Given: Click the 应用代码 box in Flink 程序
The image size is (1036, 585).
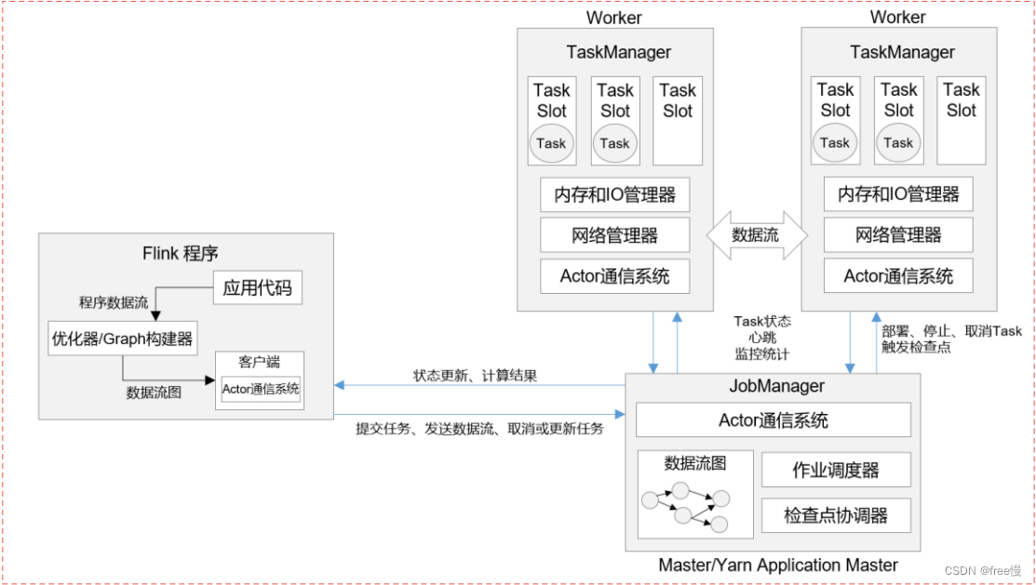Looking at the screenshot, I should click(258, 287).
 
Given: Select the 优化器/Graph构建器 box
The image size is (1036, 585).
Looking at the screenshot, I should click(123, 339).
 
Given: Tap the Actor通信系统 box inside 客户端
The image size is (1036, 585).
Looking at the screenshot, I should click(261, 389).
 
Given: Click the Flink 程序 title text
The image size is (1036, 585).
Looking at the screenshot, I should click(181, 253).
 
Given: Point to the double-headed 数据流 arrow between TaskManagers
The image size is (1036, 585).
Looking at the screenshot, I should click(756, 235).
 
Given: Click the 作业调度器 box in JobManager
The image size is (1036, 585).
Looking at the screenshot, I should click(835, 470).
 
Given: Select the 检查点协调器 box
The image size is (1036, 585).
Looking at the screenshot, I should click(835, 514).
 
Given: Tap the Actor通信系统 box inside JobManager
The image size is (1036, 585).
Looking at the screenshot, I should click(773, 420).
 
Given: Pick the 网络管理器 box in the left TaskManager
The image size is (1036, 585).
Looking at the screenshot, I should click(614, 235).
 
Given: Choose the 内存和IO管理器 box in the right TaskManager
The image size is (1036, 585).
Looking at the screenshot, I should click(898, 194).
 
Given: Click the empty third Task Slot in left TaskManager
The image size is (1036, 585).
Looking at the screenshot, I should click(678, 121).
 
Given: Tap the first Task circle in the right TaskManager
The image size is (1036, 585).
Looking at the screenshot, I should click(835, 143).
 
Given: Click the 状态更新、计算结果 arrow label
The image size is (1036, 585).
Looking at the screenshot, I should click(475, 376).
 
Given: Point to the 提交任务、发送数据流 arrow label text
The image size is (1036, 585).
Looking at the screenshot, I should click(479, 429).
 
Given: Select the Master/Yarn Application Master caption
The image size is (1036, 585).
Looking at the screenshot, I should click(777, 565).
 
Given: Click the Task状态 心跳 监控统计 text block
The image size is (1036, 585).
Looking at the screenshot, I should click(762, 337).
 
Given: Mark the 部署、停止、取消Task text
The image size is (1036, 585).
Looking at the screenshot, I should click(951, 331).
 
